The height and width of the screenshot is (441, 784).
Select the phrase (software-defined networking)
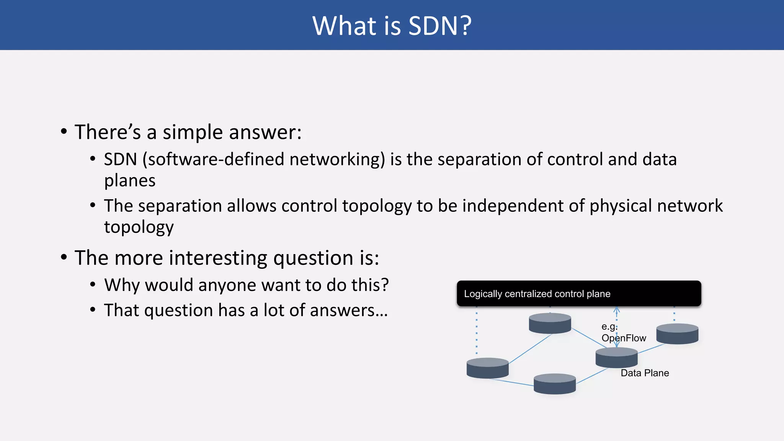[x=264, y=160]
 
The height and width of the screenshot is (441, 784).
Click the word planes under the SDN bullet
[x=130, y=181]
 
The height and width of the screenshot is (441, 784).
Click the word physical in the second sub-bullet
[x=621, y=206]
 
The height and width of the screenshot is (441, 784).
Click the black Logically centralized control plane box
[x=578, y=294]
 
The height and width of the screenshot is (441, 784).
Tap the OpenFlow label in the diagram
[x=624, y=338]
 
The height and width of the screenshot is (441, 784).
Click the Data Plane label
[x=645, y=373]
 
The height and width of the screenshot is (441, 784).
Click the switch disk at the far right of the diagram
[x=677, y=333]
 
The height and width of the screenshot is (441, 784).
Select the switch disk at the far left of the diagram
[x=487, y=368]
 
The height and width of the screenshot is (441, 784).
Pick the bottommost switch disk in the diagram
[x=554, y=384]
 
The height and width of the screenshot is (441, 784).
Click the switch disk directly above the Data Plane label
[x=616, y=358]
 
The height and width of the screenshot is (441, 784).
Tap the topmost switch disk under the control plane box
[x=550, y=323]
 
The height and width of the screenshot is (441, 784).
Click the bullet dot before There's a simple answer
[x=64, y=132]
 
